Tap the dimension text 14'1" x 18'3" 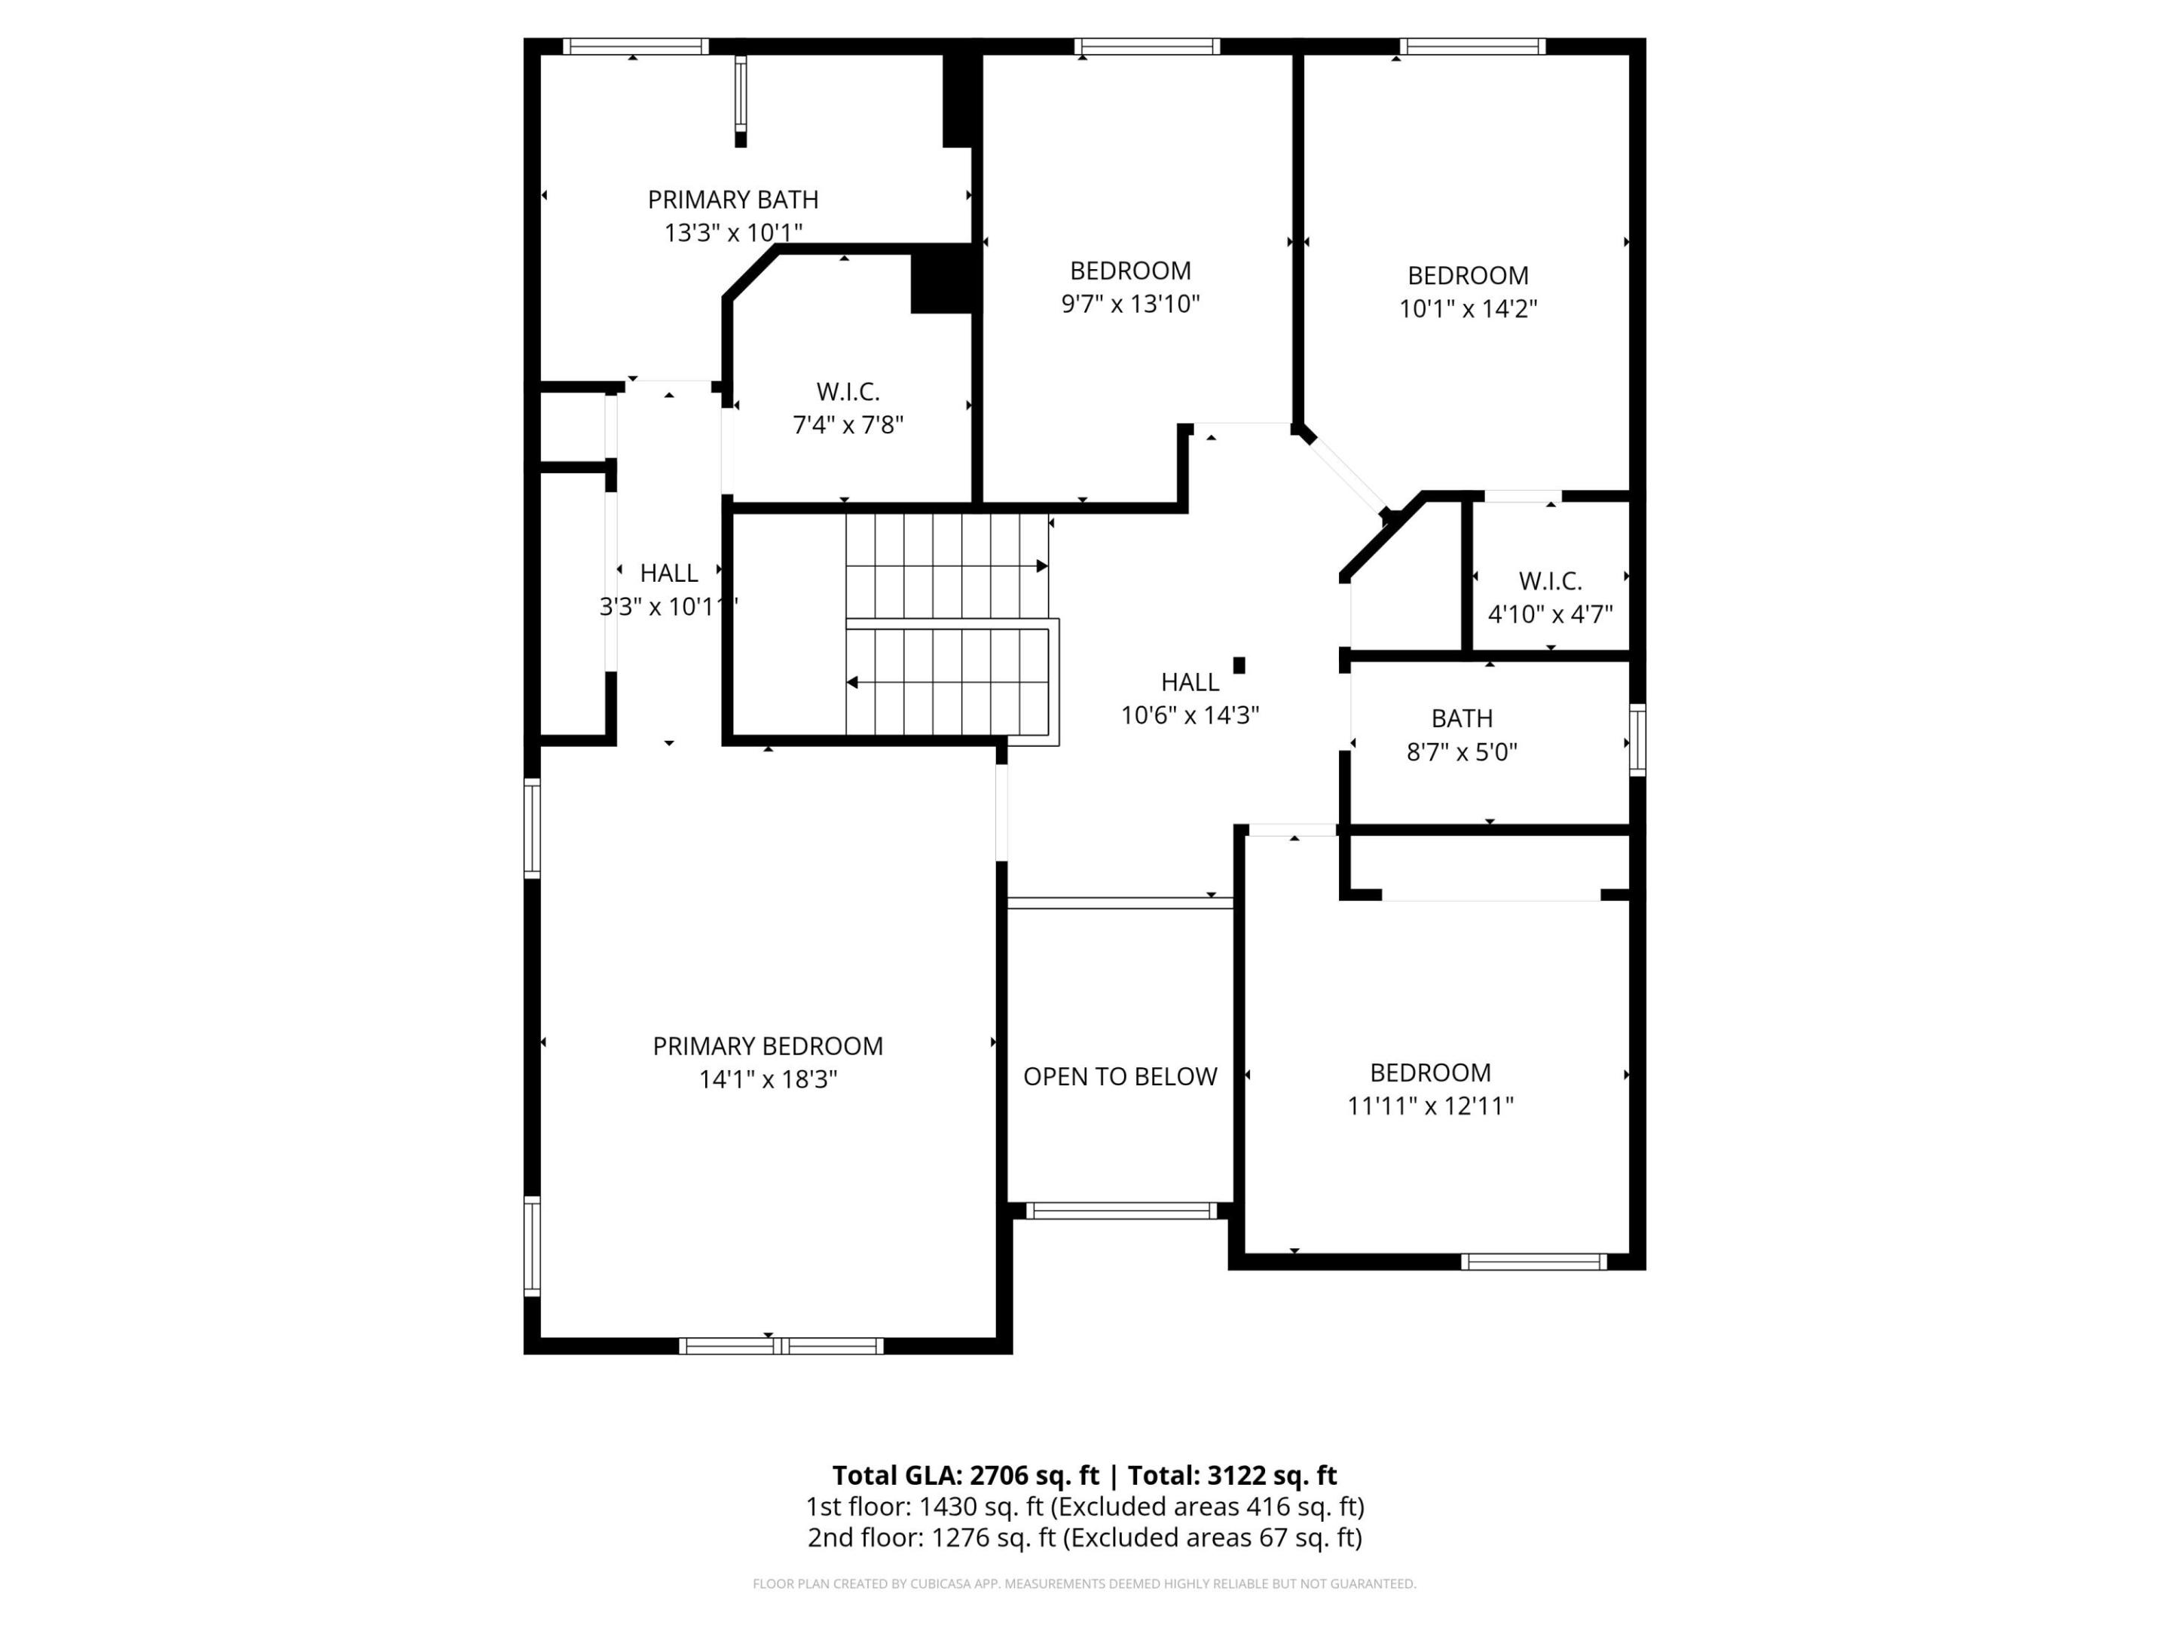click(x=767, y=1079)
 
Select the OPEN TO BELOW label click(x=1120, y=1076)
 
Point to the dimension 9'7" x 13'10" click(x=1130, y=304)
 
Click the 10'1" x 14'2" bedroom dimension click(x=1468, y=309)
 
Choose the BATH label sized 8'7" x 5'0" click(x=1462, y=718)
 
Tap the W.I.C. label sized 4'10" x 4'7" click(x=1550, y=581)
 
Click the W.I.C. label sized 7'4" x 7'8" click(x=848, y=391)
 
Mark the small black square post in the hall click(x=1239, y=666)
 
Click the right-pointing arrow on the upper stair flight click(x=1042, y=566)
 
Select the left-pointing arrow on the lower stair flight click(x=852, y=682)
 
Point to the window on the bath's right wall click(x=1637, y=740)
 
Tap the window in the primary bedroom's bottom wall click(x=781, y=1345)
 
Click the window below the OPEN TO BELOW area click(x=1120, y=1211)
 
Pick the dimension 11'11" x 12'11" click(x=1430, y=1106)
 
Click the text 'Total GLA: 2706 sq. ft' click(x=965, y=1475)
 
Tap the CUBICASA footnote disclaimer click(x=1084, y=1583)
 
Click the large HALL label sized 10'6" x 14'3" click(x=1190, y=682)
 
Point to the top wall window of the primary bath click(x=634, y=46)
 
